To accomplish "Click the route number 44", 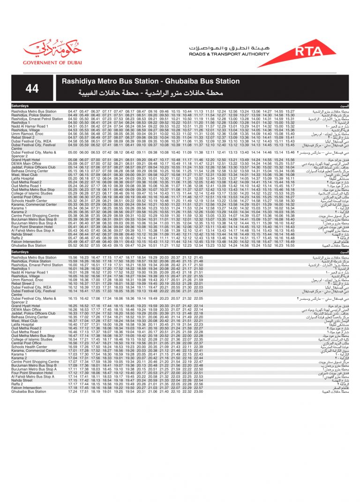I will (33, 88).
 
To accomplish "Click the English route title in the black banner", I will (151, 81).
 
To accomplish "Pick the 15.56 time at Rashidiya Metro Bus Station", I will (73, 257).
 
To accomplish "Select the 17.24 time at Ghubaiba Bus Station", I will (73, 391).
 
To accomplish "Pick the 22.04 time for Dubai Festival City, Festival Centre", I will (198, 291).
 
